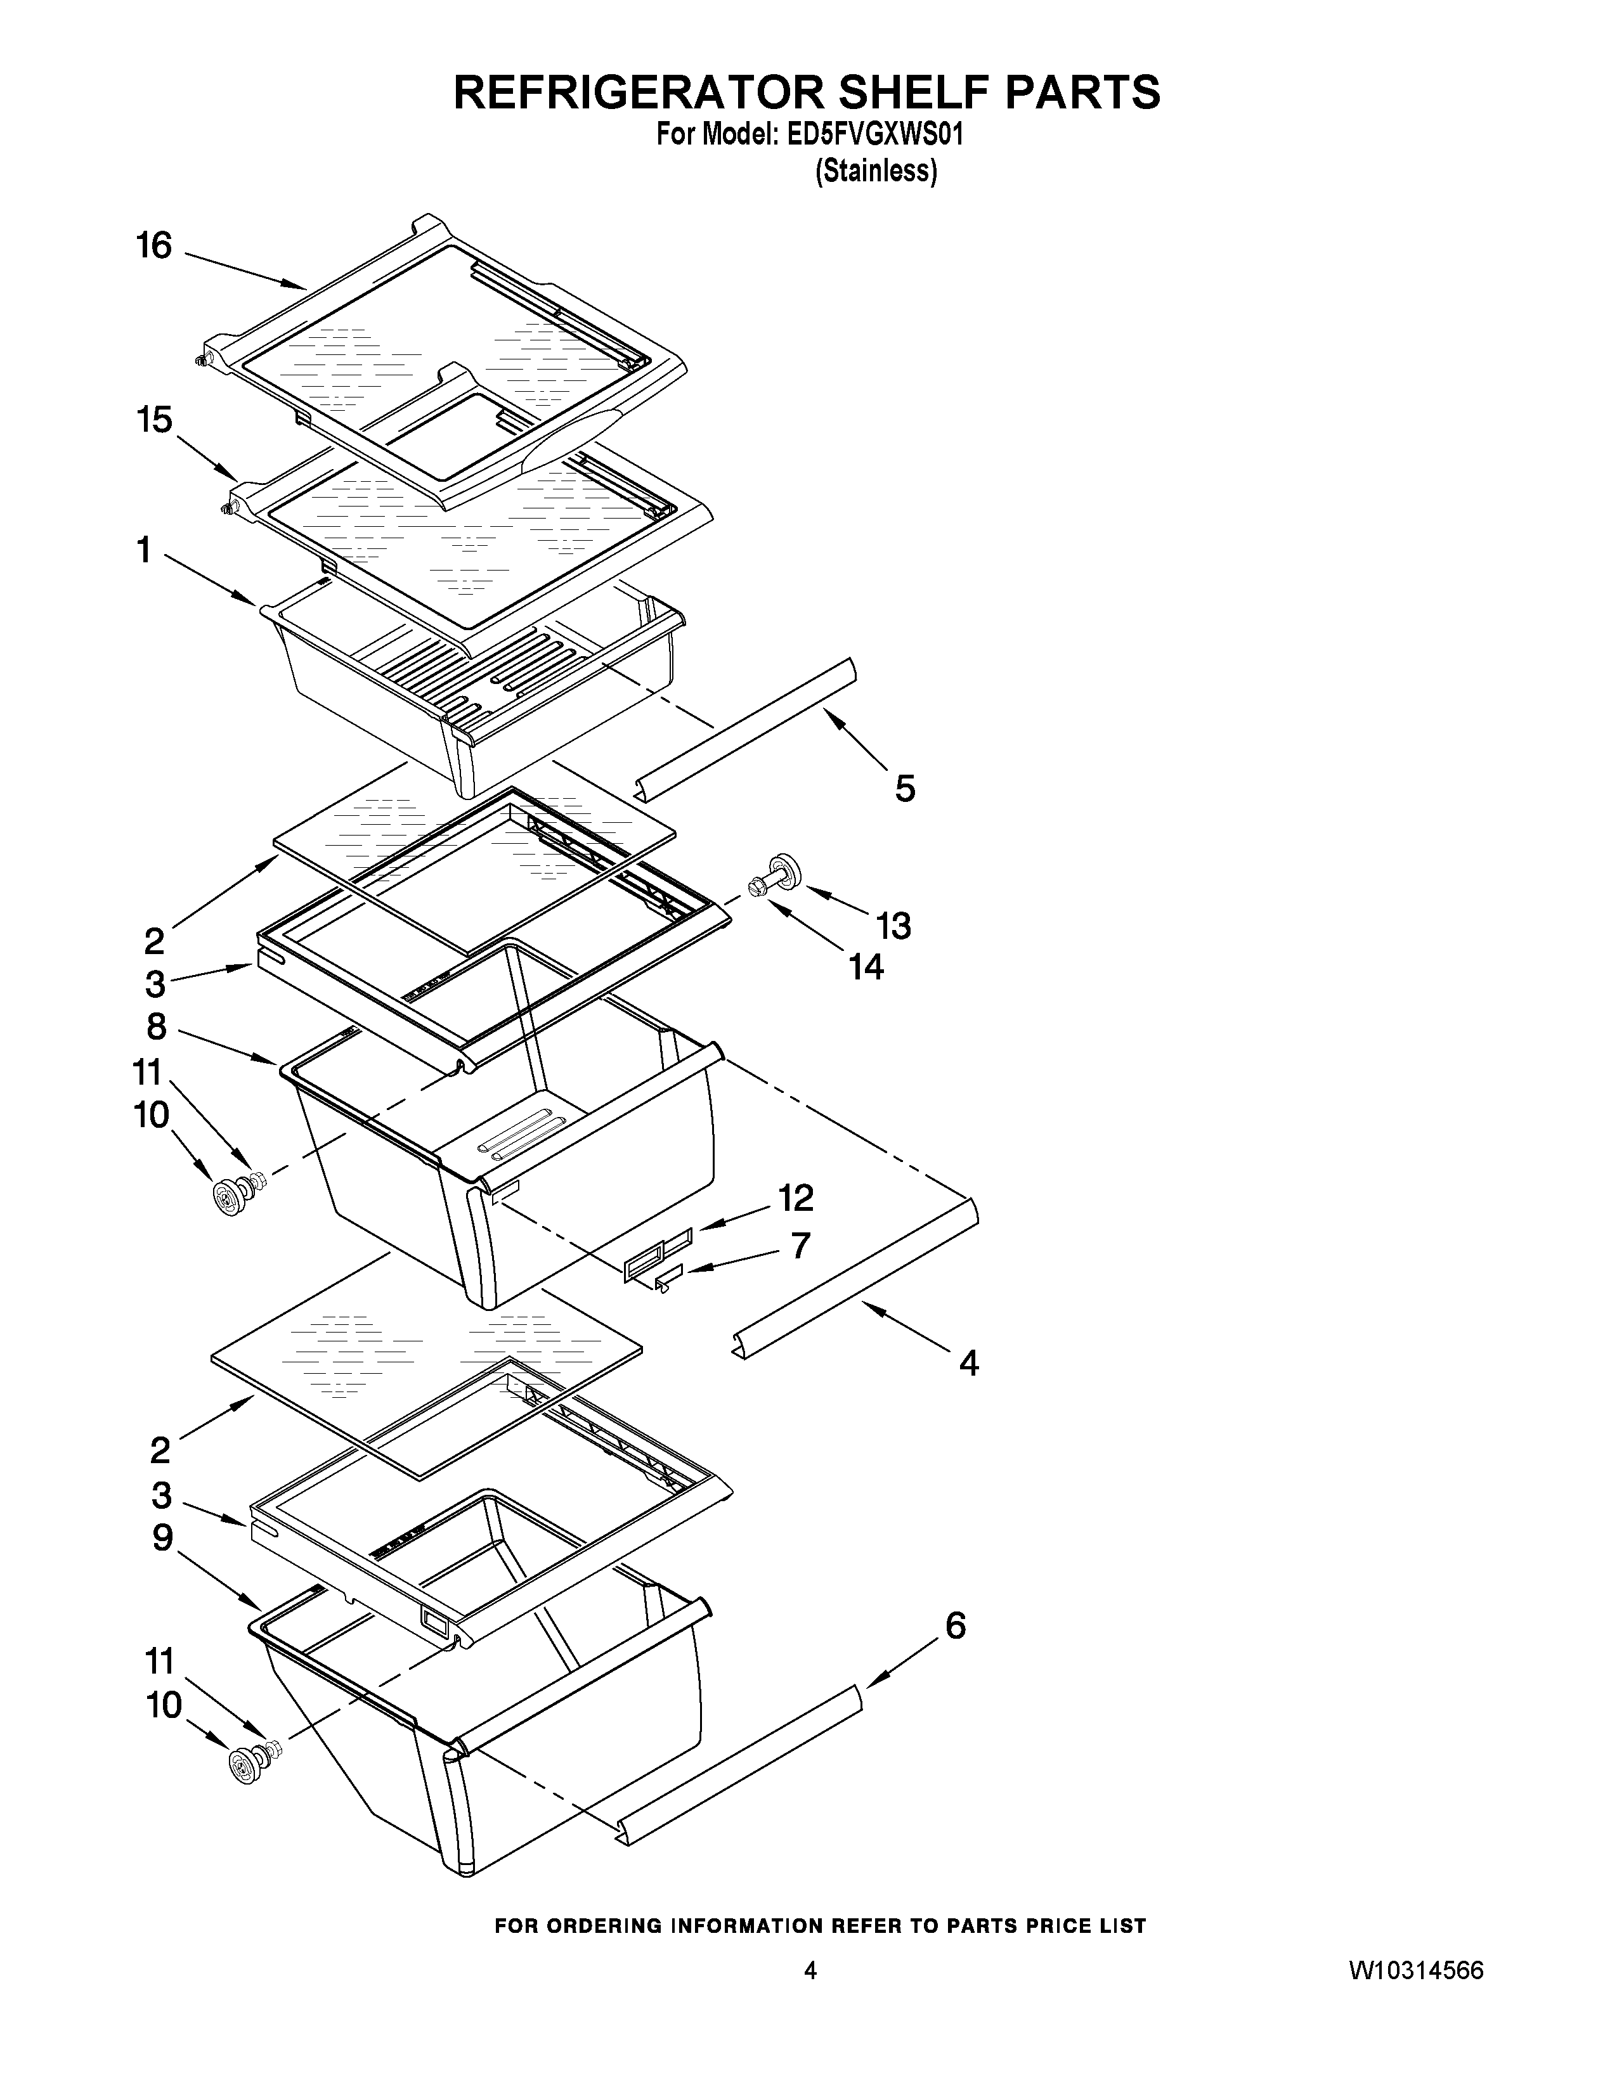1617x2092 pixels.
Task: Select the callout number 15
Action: point(153,420)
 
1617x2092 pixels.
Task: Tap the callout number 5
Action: point(904,789)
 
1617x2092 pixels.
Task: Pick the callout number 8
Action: point(156,1027)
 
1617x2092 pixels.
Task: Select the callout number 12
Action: point(795,1198)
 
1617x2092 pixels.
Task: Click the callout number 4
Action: point(968,1362)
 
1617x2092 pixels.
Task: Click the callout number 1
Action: point(144,551)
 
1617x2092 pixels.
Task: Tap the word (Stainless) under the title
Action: point(876,171)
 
